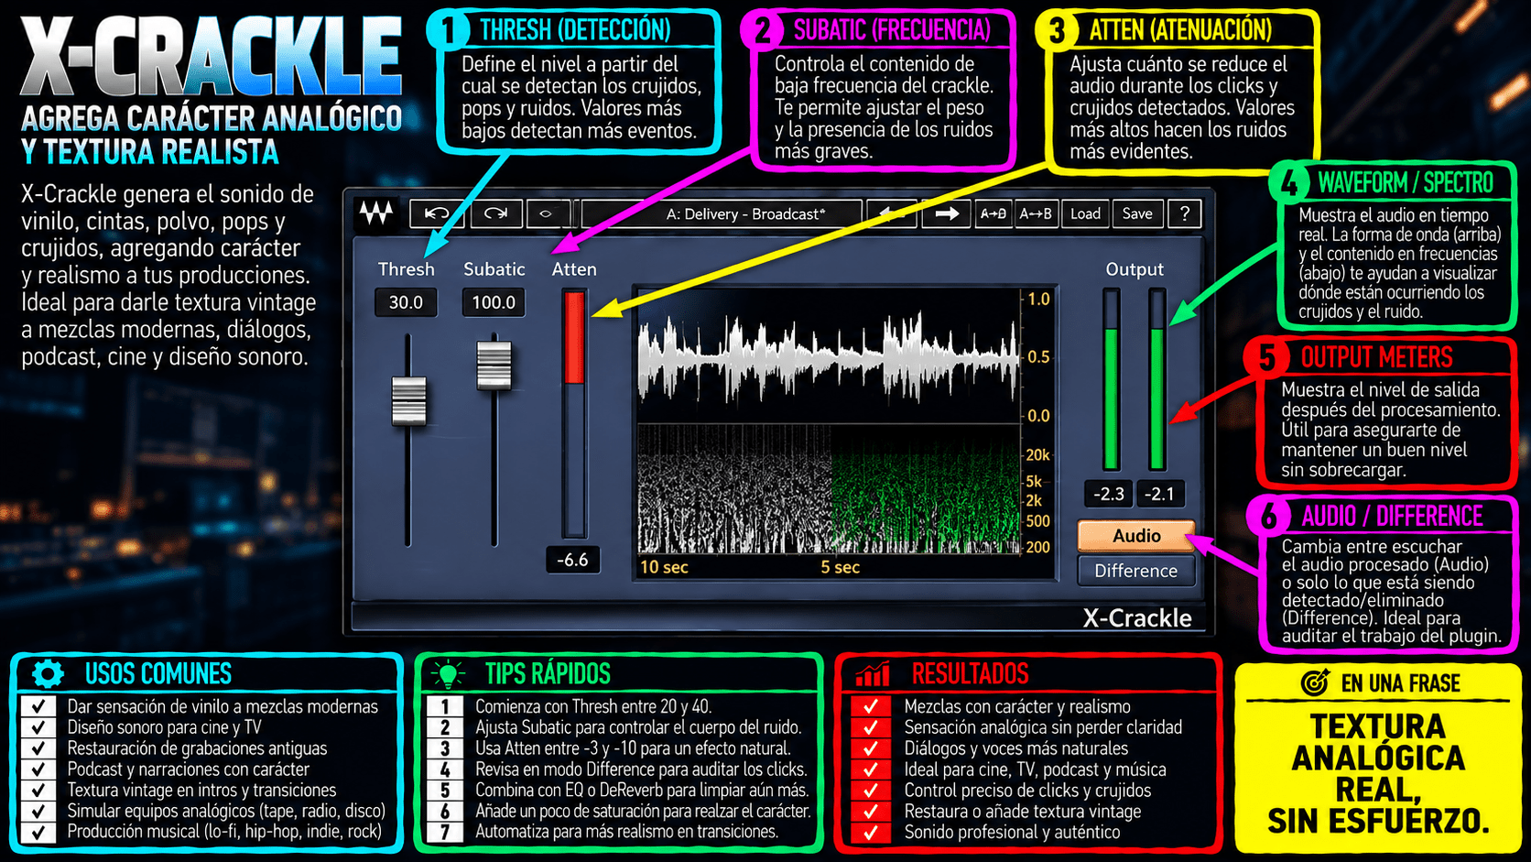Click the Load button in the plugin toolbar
(1085, 214)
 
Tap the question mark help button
(1185, 214)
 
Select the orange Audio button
(1136, 536)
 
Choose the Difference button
(1136, 571)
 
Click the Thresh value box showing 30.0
(406, 302)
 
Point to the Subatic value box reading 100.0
(494, 302)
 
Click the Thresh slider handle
(408, 401)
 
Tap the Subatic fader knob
(494, 365)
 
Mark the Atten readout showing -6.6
(573, 560)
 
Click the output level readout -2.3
(1109, 494)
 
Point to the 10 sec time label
(665, 567)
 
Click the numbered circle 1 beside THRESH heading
(449, 30)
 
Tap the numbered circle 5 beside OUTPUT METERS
(1266, 357)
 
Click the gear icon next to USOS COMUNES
(48, 674)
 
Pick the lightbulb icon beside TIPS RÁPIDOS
(449, 674)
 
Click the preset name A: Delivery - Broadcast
(745, 214)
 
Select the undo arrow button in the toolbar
(437, 214)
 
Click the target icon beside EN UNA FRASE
(1314, 682)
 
